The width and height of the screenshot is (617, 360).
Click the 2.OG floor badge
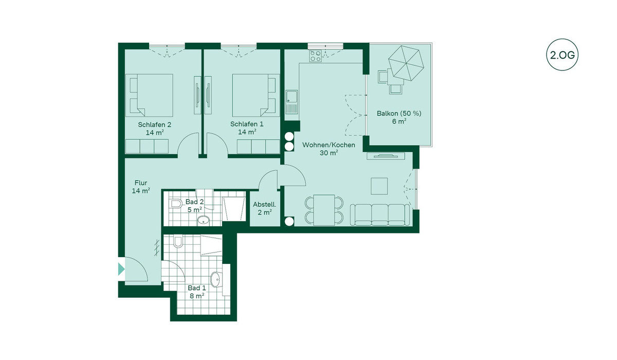pos(562,55)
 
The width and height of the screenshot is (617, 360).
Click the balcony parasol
pos(406,63)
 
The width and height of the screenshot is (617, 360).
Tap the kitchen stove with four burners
pos(315,56)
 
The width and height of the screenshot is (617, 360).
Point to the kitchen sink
pos(292,102)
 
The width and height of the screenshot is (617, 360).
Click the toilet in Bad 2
pos(176,204)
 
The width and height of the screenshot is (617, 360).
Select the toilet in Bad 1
pos(178,241)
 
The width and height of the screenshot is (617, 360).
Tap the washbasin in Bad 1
pos(216,280)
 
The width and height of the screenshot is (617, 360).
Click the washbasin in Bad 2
pos(203,220)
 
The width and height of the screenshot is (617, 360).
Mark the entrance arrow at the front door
pos(121,269)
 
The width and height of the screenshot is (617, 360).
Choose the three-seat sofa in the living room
pos(380,215)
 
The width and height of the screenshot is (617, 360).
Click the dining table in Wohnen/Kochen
pos(324,210)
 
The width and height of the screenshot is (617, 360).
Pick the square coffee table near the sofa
pos(379,186)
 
